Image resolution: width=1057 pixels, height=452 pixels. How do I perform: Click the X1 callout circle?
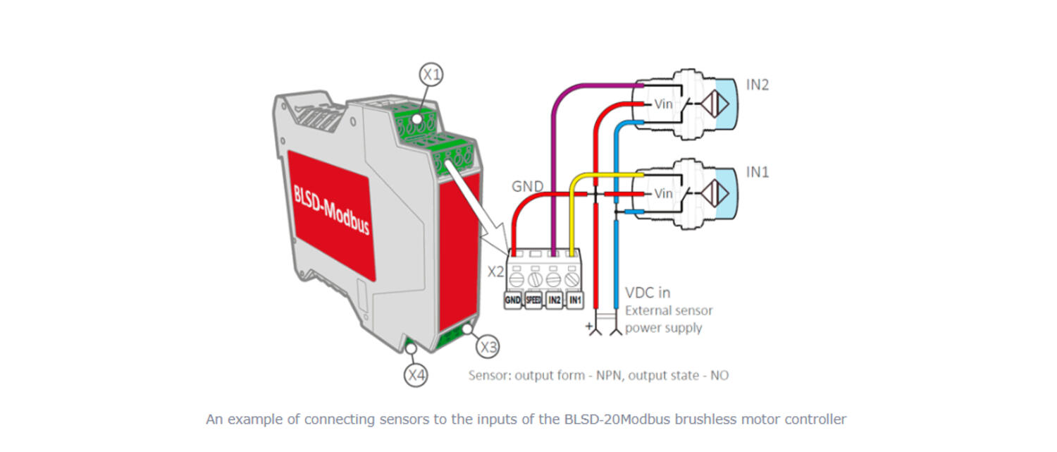(x=431, y=73)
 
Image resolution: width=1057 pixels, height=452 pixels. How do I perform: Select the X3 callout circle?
(x=488, y=347)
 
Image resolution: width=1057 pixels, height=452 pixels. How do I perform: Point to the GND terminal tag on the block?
(x=512, y=300)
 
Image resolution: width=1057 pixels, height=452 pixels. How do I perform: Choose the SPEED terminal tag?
(x=533, y=300)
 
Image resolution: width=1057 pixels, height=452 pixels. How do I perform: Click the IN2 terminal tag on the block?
(x=555, y=300)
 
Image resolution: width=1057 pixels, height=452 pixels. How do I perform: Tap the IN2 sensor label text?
(x=758, y=85)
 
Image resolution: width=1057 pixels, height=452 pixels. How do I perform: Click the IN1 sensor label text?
(x=758, y=172)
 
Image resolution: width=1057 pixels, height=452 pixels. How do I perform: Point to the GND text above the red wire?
(x=527, y=187)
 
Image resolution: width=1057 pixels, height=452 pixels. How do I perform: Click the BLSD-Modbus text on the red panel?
(x=331, y=209)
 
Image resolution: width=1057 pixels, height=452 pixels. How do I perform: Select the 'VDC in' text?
(x=648, y=292)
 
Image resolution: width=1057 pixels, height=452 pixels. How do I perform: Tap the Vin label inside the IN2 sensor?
(x=664, y=104)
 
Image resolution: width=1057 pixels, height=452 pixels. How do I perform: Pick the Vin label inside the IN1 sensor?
(x=664, y=193)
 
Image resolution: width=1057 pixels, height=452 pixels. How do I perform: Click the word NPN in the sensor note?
(x=610, y=375)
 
